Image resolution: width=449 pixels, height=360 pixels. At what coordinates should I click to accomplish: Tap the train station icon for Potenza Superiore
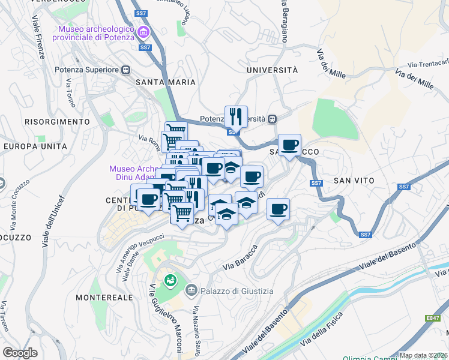126,70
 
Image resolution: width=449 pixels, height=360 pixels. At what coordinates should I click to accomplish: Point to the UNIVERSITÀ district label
272,70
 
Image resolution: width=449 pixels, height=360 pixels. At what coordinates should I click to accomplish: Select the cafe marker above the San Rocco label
289,144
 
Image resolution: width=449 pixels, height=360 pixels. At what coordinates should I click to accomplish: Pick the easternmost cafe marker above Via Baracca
278,209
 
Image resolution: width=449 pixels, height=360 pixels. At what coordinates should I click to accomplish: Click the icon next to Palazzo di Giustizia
191,291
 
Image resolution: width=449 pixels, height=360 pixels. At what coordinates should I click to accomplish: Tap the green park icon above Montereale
171,280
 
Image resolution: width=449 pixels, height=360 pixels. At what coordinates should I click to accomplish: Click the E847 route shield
433,319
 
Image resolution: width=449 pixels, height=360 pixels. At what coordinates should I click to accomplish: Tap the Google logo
20,353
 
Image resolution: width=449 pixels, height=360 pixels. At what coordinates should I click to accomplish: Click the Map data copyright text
423,355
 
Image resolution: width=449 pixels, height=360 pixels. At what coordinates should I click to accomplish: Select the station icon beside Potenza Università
272,119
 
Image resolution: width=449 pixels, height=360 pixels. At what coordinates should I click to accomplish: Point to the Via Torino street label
71,93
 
